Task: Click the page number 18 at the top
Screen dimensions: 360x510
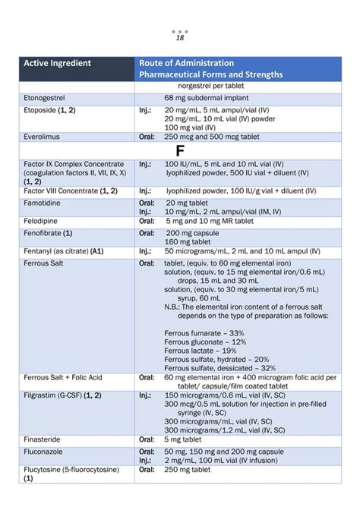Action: pyautogui.click(x=180, y=39)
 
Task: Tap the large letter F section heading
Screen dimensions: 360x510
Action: pyautogui.click(x=180, y=150)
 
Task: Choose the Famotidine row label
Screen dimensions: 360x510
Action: pyautogui.click(x=44, y=203)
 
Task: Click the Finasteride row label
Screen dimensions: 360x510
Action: pyautogui.click(x=45, y=439)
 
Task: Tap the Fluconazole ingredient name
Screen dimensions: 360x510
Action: pyautogui.click(x=45, y=451)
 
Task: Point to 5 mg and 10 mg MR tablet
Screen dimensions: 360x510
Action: pyautogui.click(x=209, y=220)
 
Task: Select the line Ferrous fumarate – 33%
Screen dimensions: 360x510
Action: pyautogui.click(x=204, y=333)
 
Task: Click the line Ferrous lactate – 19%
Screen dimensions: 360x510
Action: pyautogui.click(x=200, y=351)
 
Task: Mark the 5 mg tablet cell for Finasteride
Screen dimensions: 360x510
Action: pyautogui.click(x=185, y=439)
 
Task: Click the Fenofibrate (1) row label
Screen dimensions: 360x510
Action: pyautogui.click(x=48, y=233)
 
